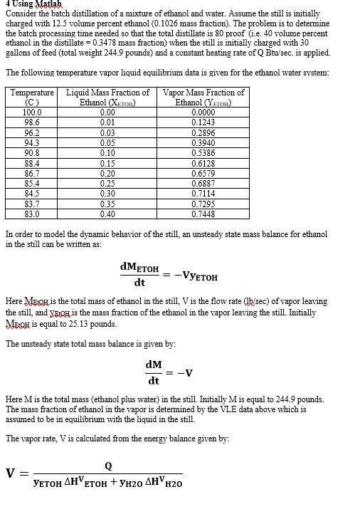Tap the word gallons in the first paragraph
pyautogui.click(x=18, y=53)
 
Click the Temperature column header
pyautogui.click(x=32, y=93)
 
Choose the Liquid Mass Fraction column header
pyautogui.click(x=107, y=93)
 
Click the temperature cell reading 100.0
pyautogui.click(x=32, y=112)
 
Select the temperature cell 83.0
pyautogui.click(x=32, y=214)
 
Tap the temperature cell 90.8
pyautogui.click(x=32, y=153)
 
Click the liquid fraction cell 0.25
pyautogui.click(x=107, y=183)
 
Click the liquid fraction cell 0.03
pyautogui.click(x=107, y=132)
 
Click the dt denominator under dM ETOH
pyautogui.click(x=139, y=283)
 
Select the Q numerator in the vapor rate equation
pyautogui.click(x=107, y=466)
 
